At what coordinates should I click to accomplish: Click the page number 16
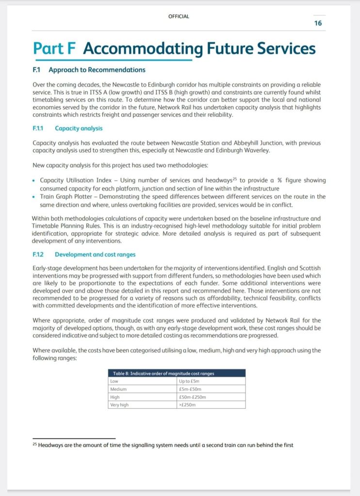pyautogui.click(x=318, y=23)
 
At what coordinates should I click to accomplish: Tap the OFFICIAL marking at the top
pyautogui.click(x=179, y=16)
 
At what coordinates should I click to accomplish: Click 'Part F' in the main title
pyautogui.click(x=56, y=48)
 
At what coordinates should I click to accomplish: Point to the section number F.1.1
pyautogui.click(x=38, y=128)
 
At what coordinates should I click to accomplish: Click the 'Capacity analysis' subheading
pyautogui.click(x=79, y=128)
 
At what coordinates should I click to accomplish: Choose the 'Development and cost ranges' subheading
pyautogui.click(x=95, y=254)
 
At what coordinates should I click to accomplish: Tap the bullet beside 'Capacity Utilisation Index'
pyautogui.click(x=33, y=180)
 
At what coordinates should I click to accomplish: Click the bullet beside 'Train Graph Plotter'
pyautogui.click(x=33, y=197)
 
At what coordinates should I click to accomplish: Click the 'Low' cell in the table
pyautogui.click(x=115, y=381)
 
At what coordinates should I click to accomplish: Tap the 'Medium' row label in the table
pyautogui.click(x=118, y=389)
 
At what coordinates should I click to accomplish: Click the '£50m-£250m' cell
pyautogui.click(x=193, y=397)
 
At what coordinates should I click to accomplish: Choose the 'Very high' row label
pyautogui.click(x=119, y=404)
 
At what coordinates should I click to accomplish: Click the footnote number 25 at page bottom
pyautogui.click(x=35, y=445)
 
